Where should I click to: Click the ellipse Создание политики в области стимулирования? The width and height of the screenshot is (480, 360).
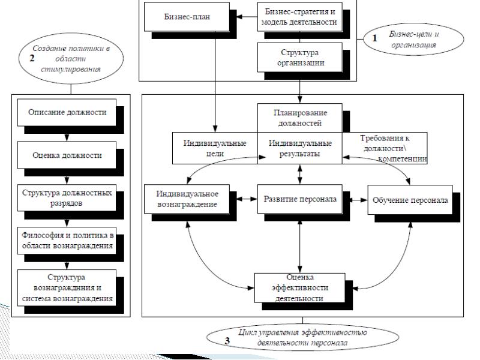point(71,57)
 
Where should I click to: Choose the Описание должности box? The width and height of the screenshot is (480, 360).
point(67,113)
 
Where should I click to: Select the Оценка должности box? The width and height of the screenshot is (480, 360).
point(67,155)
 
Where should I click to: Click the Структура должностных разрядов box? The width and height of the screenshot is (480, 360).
point(67,199)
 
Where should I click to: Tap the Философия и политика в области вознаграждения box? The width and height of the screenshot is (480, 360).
point(67,241)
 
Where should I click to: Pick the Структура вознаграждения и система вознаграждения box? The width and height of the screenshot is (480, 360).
point(67,286)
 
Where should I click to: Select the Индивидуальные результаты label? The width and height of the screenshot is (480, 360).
point(299,148)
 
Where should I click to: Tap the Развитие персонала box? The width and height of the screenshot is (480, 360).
point(299,199)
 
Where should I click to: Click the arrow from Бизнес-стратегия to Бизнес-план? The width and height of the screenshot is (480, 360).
point(244,16)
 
